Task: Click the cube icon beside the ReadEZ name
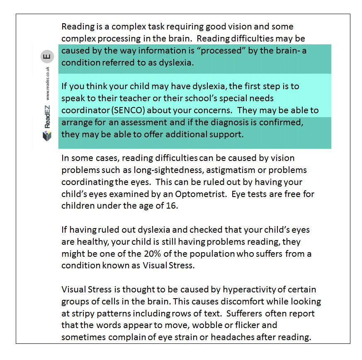47,135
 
